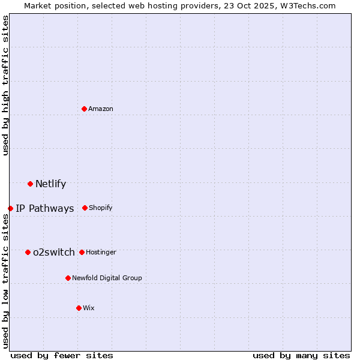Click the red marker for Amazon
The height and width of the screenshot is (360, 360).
tap(84, 109)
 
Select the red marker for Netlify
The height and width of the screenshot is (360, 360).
tap(30, 184)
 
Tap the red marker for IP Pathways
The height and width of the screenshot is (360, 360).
tap(10, 208)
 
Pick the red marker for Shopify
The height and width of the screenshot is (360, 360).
tap(85, 208)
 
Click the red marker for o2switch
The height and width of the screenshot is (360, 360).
tap(28, 252)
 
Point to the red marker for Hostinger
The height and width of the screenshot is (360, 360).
tap(82, 252)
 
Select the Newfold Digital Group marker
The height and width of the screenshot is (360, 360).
tap(68, 278)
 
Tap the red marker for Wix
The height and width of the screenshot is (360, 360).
tap(79, 308)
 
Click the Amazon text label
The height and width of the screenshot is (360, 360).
tap(101, 109)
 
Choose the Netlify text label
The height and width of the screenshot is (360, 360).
tap(50, 184)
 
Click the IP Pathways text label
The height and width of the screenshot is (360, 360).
tap(45, 209)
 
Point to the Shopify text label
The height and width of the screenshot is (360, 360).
tap(101, 208)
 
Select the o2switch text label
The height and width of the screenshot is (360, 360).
tap(54, 253)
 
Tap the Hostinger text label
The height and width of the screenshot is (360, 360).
tap(101, 252)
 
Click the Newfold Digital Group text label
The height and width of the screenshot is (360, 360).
tap(107, 278)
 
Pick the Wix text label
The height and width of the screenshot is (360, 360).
tap(89, 308)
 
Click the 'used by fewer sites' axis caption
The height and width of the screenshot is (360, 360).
tap(62, 355)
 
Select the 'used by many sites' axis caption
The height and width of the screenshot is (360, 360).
tap(301, 355)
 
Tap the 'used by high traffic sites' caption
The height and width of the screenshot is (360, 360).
tap(6, 85)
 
